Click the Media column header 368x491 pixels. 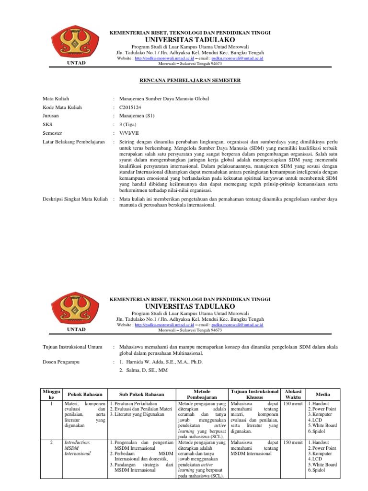tap(323, 394)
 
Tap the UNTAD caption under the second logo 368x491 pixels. tap(77, 329)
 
